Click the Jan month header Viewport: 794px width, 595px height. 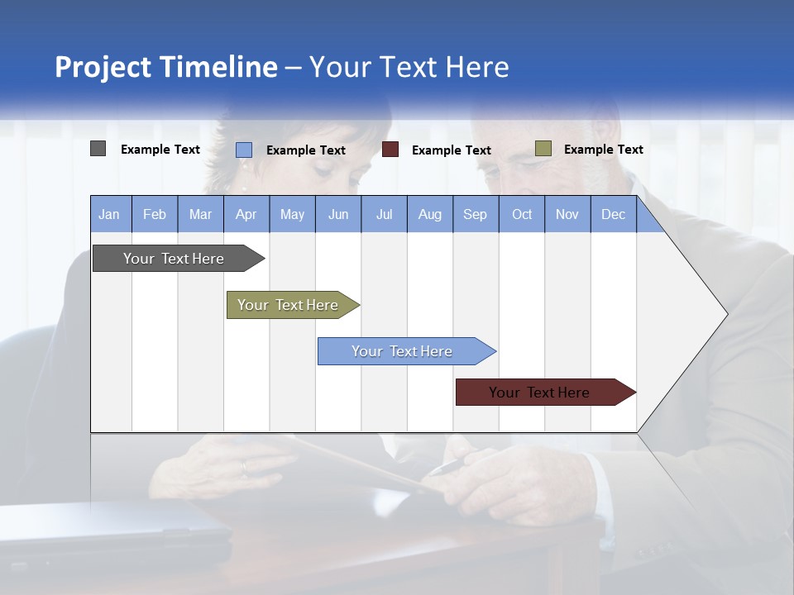click(110, 214)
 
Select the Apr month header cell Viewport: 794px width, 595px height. click(246, 214)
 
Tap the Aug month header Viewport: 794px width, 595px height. click(429, 214)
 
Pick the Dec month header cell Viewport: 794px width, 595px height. click(613, 214)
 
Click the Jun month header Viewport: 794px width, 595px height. click(337, 214)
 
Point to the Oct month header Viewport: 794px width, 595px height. click(521, 214)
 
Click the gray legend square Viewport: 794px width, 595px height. click(98, 149)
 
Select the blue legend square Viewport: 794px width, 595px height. click(244, 150)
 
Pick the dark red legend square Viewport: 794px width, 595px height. click(390, 150)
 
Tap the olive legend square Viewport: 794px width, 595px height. click(543, 149)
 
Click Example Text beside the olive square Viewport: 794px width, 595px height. click(603, 149)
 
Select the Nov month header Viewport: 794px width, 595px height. click(567, 214)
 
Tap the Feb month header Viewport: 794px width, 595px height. click(155, 214)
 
